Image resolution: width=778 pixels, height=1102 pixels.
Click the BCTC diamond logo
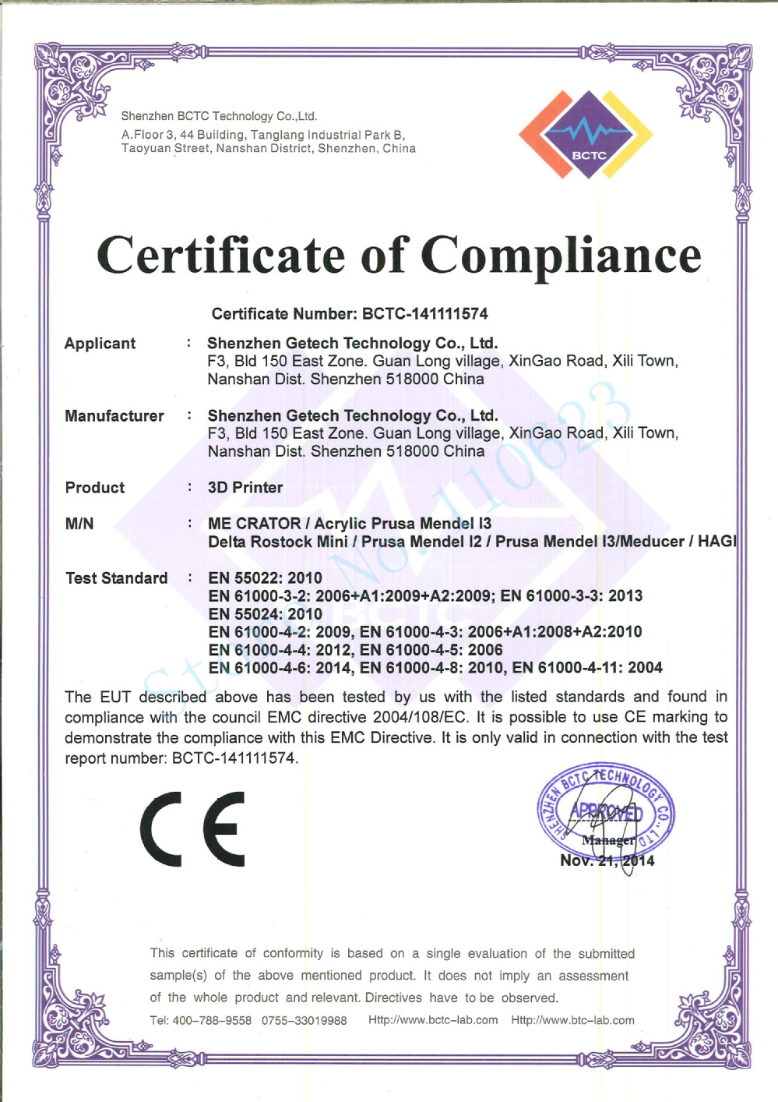tap(586, 135)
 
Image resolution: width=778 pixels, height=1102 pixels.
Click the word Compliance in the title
tap(561, 256)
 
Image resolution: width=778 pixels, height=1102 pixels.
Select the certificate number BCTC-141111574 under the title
tap(424, 314)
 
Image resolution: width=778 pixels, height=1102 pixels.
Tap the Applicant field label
tap(100, 344)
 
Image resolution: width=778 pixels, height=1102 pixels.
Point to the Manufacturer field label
tap(114, 416)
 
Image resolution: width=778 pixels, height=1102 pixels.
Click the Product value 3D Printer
tap(245, 488)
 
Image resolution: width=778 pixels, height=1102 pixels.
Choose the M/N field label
tap(79, 524)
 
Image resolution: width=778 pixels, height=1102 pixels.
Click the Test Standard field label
tap(116, 578)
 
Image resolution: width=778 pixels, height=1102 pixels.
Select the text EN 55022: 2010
tap(265, 578)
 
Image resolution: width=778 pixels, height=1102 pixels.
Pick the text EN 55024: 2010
tap(265, 614)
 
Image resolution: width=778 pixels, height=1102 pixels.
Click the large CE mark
tap(192, 829)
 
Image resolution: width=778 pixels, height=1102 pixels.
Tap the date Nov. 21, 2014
tap(607, 861)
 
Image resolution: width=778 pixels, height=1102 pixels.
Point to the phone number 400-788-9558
tap(212, 1021)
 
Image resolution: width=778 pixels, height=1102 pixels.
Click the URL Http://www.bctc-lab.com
tap(433, 1020)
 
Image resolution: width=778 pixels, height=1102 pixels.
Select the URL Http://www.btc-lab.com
tap(572, 1020)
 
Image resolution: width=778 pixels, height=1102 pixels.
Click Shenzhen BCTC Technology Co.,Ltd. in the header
tap(219, 116)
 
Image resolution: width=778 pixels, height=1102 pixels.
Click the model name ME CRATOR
tap(254, 524)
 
